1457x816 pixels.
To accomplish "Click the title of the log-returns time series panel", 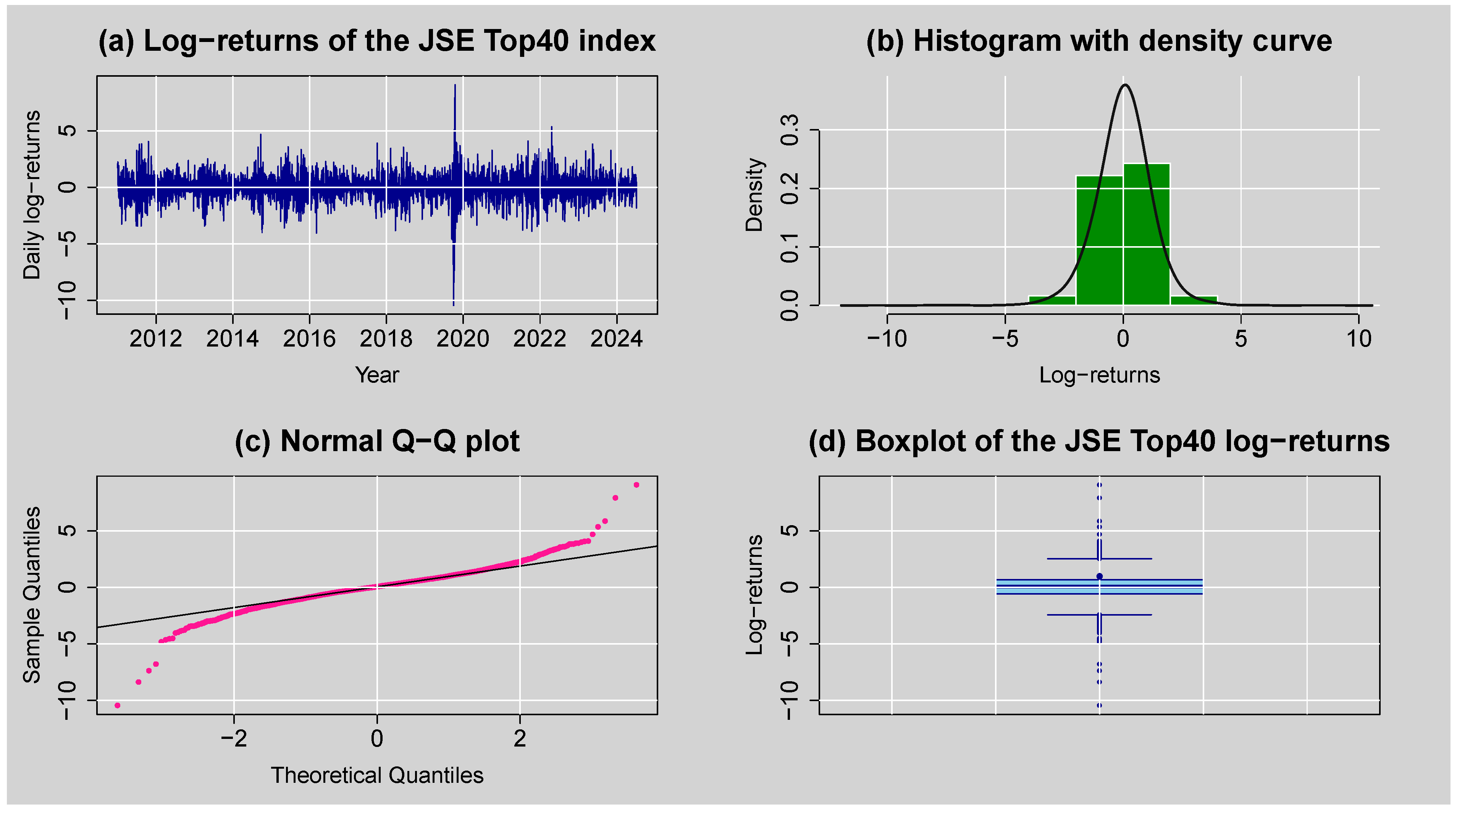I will click(x=377, y=41).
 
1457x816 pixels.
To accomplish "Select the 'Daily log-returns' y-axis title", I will click(x=32, y=195).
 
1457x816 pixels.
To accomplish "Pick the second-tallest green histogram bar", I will click(x=1099, y=240).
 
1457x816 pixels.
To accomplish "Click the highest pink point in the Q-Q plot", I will click(x=636, y=485).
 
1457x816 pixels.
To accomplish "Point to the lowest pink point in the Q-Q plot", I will click(x=118, y=706).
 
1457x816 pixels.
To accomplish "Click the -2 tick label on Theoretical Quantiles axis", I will click(x=234, y=739).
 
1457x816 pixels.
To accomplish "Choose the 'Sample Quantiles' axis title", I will click(x=32, y=595).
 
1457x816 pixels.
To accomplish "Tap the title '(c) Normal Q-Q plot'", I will click(x=377, y=442).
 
